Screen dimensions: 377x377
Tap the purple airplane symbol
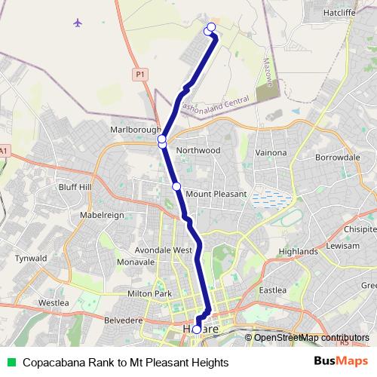tap(77, 22)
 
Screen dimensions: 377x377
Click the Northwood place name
tap(198, 150)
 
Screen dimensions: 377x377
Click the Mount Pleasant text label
tap(216, 194)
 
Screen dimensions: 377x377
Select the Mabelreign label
tap(102, 214)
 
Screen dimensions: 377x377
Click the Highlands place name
tap(298, 251)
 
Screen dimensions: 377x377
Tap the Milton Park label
tap(151, 293)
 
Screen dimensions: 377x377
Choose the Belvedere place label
tap(122, 320)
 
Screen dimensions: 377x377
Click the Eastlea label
tap(272, 290)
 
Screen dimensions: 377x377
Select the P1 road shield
tap(140, 74)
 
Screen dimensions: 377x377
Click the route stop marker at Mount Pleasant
tap(176, 185)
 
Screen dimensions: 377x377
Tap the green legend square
tap(11, 362)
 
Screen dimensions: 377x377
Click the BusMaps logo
tap(345, 362)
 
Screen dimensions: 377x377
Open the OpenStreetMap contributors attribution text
tap(311, 337)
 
